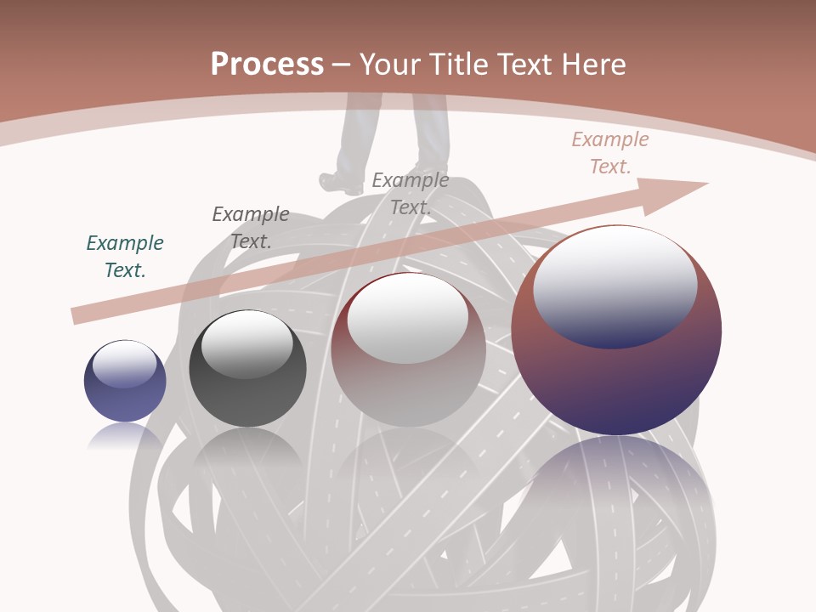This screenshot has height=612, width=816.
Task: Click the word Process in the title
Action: tap(267, 64)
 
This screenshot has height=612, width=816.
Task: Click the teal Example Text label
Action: tap(125, 256)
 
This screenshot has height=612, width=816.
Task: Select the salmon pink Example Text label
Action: tap(610, 153)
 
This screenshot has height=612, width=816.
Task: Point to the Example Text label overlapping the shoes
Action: tap(411, 193)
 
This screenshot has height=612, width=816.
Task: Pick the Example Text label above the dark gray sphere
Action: tap(251, 227)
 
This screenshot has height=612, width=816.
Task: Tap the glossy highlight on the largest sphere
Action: tap(615, 285)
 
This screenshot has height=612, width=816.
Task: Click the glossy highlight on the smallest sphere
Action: tap(125, 364)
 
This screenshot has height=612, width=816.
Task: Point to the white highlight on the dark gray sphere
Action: tap(246, 342)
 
